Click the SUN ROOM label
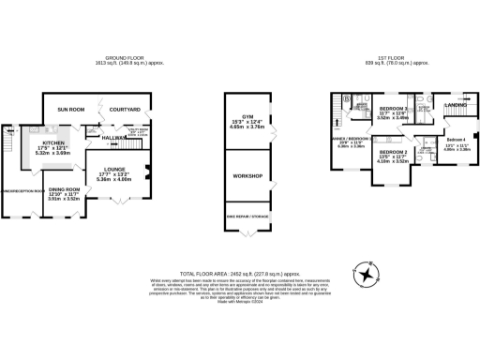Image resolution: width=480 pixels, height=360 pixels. pyautogui.click(x=71, y=110)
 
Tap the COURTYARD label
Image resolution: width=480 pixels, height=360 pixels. pyautogui.click(x=125, y=110)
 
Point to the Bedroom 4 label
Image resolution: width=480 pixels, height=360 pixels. pyautogui.click(x=457, y=140)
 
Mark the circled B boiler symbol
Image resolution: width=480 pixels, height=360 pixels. pyautogui.click(x=347, y=97)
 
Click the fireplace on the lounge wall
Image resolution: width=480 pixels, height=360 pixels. pyautogui.click(x=146, y=171)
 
